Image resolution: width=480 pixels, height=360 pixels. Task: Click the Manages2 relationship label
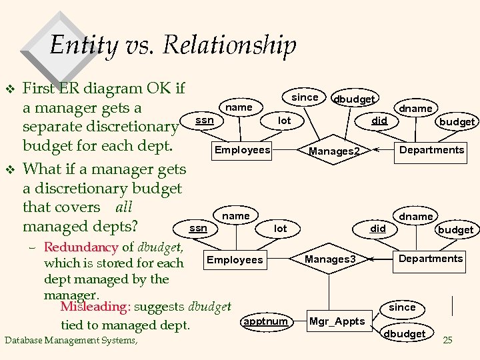tap(334, 151)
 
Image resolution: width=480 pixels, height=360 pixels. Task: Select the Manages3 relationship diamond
tap(331, 258)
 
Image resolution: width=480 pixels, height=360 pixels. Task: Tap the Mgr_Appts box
tap(337, 321)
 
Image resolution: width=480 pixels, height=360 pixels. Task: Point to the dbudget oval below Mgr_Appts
tap(402, 333)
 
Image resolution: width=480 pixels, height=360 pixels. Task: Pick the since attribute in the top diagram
tap(305, 97)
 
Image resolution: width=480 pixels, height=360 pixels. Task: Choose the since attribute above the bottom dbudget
tap(402, 307)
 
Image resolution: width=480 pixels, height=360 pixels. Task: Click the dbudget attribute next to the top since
tap(354, 99)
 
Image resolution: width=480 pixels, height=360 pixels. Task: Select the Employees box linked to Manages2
tap(242, 150)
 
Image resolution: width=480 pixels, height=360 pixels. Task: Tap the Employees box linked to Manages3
tap(235, 259)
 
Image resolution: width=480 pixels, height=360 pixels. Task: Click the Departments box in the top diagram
tap(431, 150)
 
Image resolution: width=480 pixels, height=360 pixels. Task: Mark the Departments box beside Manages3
tap(431, 259)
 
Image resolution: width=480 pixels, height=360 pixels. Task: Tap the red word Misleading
tap(95, 307)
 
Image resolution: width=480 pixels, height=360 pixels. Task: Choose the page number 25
tap(447, 341)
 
